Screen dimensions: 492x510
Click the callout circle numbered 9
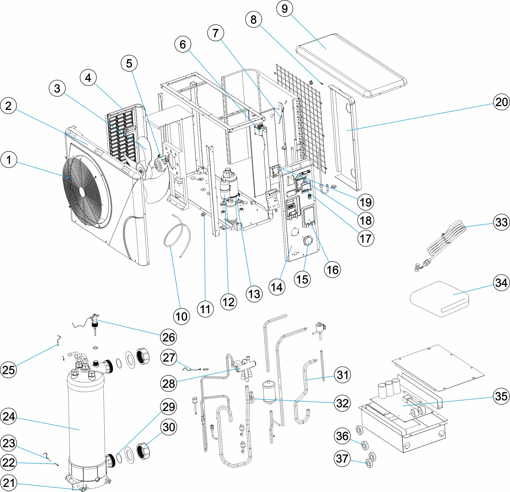click(285, 9)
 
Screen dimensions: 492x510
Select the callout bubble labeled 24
click(9, 416)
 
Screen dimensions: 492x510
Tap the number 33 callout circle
click(501, 223)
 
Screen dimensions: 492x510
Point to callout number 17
click(366, 238)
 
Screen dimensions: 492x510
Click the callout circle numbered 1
click(9, 160)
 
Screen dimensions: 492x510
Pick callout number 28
click(169, 384)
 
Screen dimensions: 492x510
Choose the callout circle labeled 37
click(342, 459)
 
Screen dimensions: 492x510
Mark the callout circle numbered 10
click(181, 317)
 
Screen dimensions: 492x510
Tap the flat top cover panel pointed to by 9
click(351, 65)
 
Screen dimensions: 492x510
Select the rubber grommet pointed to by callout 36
click(365, 446)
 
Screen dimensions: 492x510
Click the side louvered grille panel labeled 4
click(122, 133)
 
